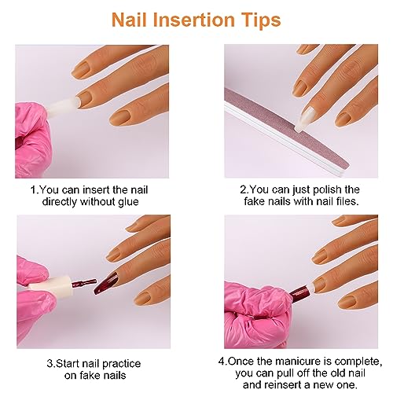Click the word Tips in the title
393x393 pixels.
point(261,19)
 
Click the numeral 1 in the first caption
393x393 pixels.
point(32,189)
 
